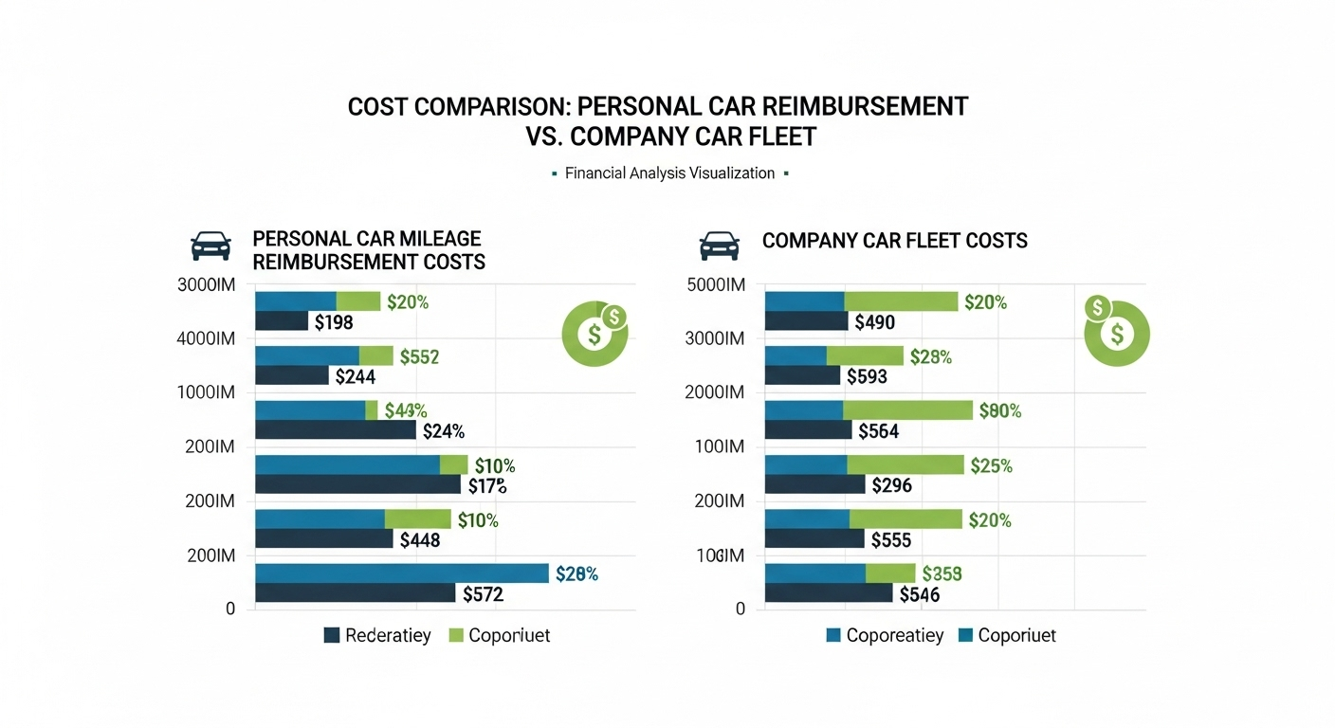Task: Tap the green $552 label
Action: [419, 356]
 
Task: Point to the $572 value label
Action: [483, 594]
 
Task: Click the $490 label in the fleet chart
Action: [874, 322]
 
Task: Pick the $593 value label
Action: [866, 376]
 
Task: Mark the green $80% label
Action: [999, 411]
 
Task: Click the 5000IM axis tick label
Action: [715, 284]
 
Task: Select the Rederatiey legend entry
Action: [377, 635]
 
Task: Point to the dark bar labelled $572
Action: [355, 593]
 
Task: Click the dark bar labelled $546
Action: [828, 593]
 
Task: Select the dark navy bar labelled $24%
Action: [335, 430]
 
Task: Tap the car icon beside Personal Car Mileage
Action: [210, 246]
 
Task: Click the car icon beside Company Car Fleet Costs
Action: [719, 246]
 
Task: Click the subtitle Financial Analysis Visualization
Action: [669, 173]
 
